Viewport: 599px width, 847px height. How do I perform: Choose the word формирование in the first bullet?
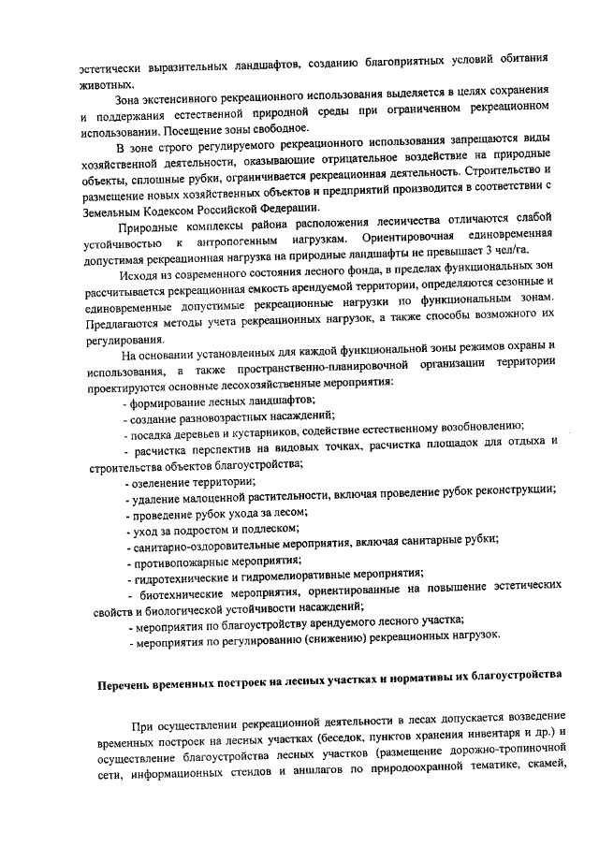[173, 401]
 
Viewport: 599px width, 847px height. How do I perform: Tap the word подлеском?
[243, 529]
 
